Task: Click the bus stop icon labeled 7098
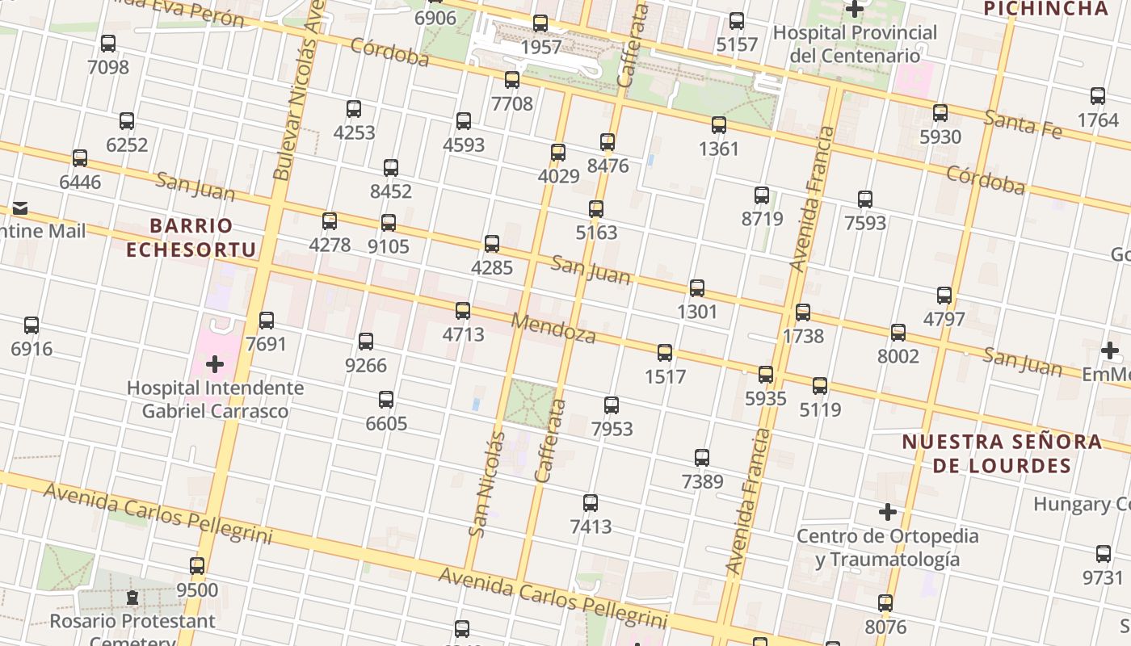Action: point(108,44)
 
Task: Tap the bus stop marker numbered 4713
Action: point(463,311)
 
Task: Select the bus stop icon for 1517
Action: point(665,353)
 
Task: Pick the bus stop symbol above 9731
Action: point(1104,554)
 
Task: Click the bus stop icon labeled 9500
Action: point(197,566)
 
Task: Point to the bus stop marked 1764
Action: point(1098,96)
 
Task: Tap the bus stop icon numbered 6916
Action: point(32,325)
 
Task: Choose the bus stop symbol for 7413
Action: point(591,503)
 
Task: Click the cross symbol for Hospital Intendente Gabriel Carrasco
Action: point(215,364)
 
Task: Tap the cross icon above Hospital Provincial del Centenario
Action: point(855,10)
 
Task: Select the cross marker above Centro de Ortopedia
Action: point(888,512)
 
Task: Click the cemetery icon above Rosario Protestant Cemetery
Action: point(132,598)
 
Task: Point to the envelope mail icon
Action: point(20,209)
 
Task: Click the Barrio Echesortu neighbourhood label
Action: point(191,237)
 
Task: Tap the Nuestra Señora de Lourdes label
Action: point(1002,454)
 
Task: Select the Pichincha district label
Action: point(1045,9)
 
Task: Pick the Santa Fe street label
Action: point(1022,124)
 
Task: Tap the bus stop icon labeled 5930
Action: point(940,113)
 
